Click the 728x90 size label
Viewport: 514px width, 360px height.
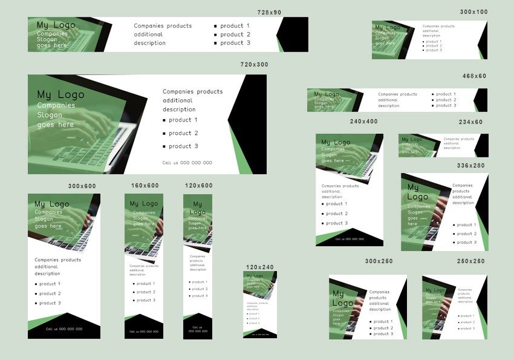[269, 12]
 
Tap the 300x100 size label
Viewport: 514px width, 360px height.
[473, 12]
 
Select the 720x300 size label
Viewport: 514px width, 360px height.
[254, 65]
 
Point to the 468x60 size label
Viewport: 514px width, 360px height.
[474, 76]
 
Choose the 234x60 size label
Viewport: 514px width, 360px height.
[470, 122]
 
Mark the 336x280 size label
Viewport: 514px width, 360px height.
[470, 166]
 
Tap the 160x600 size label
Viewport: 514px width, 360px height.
[145, 186]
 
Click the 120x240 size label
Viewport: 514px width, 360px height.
[259, 267]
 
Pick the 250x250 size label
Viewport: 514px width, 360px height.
[470, 261]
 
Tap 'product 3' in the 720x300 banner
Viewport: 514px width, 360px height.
[183, 146]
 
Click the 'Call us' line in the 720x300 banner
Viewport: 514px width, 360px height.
[187, 163]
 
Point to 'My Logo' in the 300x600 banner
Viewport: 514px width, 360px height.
[51, 204]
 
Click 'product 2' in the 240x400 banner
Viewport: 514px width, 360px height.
[337, 214]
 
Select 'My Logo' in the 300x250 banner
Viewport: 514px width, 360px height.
[342, 298]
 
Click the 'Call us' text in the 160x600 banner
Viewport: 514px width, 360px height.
[144, 332]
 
